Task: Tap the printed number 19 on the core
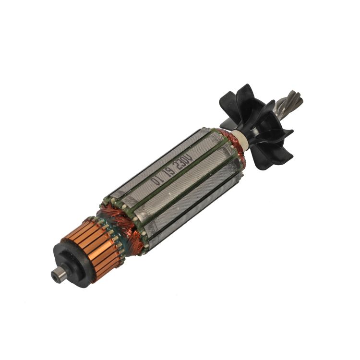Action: [168, 172]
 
